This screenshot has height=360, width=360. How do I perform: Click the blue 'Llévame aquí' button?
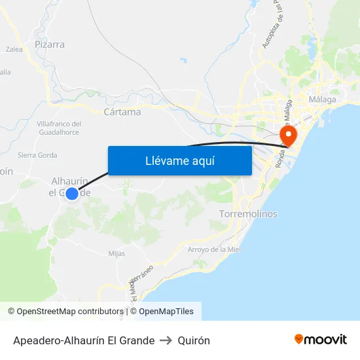point(179,160)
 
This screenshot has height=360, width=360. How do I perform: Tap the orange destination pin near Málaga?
point(287,135)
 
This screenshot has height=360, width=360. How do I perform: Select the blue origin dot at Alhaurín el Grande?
point(72,193)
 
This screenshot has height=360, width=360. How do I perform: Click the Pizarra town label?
point(50,45)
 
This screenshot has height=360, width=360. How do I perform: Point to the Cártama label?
point(122,112)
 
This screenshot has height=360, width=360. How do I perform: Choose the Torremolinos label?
point(248,214)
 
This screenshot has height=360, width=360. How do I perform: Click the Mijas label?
point(117,253)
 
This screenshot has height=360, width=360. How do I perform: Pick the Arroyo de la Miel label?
point(215,249)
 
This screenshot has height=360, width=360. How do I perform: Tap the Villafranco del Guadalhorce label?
point(58,128)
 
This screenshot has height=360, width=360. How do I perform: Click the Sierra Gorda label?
point(37,155)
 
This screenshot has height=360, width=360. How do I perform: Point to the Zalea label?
point(14,49)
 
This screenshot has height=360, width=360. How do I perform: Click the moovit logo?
point(320,340)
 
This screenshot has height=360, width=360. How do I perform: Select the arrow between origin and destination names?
point(166,340)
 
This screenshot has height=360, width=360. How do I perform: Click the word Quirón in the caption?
point(193,340)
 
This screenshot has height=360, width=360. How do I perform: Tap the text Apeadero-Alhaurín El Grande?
point(84,340)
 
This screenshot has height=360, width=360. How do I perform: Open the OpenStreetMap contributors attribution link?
point(65,312)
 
